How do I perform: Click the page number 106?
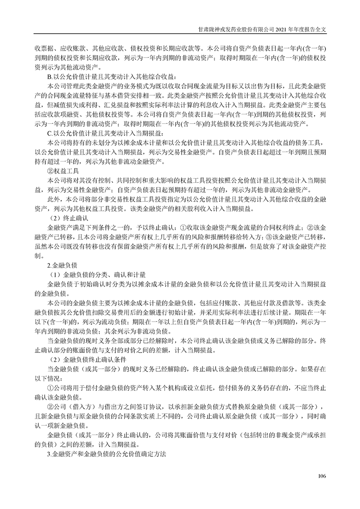[x=322, y=475]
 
